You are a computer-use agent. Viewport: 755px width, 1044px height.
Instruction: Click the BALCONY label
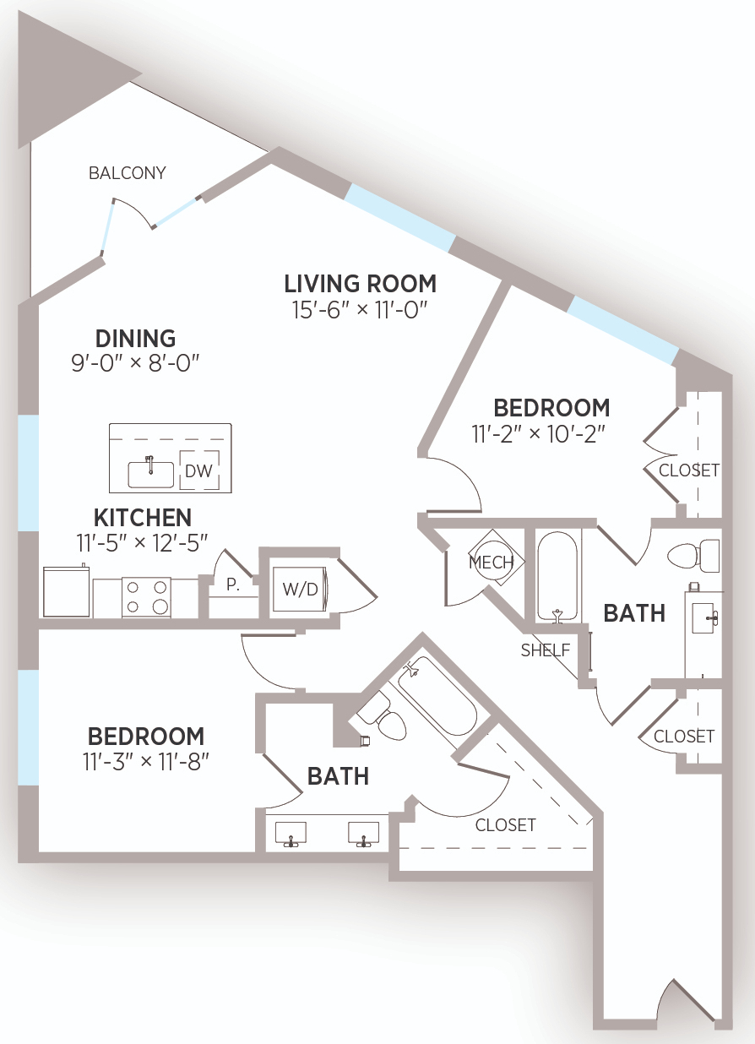[x=128, y=173]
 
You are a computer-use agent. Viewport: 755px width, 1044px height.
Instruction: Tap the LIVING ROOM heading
[x=361, y=284]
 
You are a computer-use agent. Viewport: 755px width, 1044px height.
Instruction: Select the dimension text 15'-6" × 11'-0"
[x=360, y=310]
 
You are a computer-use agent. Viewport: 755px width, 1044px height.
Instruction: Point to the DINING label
[x=136, y=339]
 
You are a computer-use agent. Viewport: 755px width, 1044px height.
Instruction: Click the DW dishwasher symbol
[x=199, y=470]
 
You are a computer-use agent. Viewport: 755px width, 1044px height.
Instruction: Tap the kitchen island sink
[x=150, y=474]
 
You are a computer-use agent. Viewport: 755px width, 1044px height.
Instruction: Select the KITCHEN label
[x=143, y=517]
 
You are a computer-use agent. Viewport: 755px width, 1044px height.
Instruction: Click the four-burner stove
[x=146, y=597]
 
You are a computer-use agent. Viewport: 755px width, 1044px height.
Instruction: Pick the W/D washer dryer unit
[x=300, y=589]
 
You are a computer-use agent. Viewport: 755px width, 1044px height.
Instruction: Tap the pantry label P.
[x=233, y=585]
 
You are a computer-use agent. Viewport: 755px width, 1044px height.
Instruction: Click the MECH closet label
[x=492, y=563]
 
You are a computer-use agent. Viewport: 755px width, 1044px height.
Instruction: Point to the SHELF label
[x=546, y=650]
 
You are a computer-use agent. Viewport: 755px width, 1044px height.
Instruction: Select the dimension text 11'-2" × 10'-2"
[x=538, y=434]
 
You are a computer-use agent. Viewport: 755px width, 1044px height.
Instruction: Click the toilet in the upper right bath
[x=694, y=556]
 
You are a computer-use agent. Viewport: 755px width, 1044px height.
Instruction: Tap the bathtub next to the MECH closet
[x=557, y=577]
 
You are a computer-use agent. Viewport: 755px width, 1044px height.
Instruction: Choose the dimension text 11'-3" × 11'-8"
[x=146, y=762]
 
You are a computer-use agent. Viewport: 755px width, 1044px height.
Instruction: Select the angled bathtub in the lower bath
[x=437, y=696]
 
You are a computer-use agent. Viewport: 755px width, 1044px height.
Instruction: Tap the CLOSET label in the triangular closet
[x=505, y=825]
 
